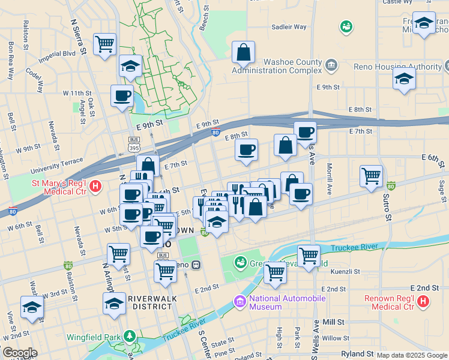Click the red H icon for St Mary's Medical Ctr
95,187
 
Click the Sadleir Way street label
289,27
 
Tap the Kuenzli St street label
345,271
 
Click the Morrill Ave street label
329,179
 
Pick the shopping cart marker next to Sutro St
372,176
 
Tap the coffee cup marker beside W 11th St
122,95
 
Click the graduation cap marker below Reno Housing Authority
404,78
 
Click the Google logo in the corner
19,353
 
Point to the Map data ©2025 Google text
412,355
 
